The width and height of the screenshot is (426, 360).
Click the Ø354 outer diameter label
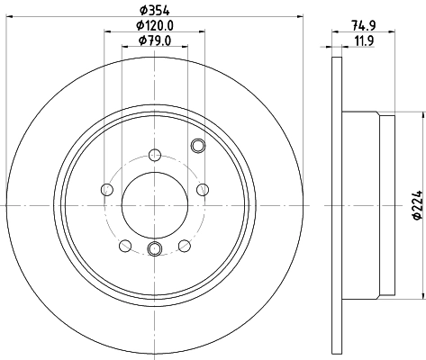point(155,11)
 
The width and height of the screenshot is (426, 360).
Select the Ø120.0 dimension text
point(155,26)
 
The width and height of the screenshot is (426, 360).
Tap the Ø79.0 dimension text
point(155,40)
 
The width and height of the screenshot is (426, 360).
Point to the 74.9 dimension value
point(364,26)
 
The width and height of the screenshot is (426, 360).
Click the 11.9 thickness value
point(364,40)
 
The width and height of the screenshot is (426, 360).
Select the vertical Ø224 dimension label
point(418,205)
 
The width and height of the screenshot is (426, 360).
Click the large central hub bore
point(155,205)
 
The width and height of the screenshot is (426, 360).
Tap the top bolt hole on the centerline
point(155,155)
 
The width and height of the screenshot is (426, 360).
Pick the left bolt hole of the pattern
point(107,190)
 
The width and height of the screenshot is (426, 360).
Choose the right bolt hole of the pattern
point(203,190)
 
